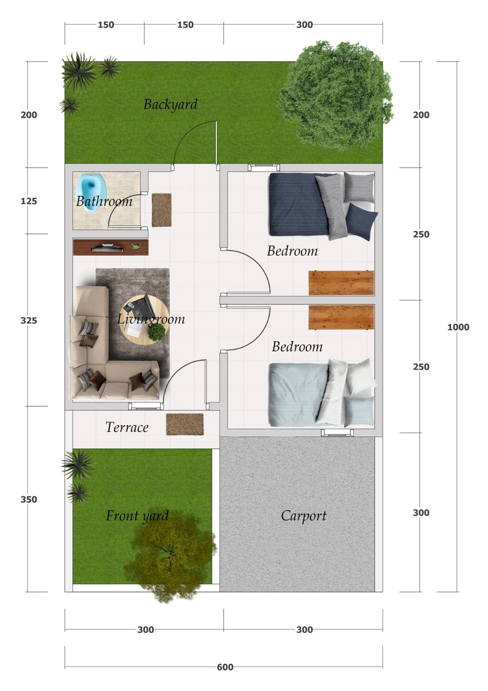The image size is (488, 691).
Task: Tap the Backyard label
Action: [x=171, y=105]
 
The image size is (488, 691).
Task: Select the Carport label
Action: [x=304, y=516]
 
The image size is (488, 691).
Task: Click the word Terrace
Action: [x=127, y=427]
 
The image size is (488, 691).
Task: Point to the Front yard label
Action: [x=138, y=516]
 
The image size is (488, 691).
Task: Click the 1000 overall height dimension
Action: [x=458, y=327]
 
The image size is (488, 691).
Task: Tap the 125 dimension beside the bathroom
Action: [x=29, y=201]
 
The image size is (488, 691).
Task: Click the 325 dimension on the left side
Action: [x=29, y=320]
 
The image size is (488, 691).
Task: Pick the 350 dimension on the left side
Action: [x=29, y=499]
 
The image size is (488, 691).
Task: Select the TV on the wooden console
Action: [x=106, y=248]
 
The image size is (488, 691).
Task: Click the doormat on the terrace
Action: [x=184, y=424]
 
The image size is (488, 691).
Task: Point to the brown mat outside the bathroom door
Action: [x=162, y=210]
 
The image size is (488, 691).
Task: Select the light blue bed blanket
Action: [x=298, y=394]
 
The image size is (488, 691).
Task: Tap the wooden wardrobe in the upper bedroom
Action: [x=341, y=283]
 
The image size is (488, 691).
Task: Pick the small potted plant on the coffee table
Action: [x=157, y=331]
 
